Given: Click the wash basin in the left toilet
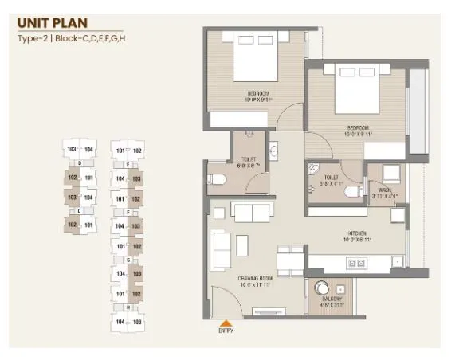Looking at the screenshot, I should (x=273, y=151).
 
